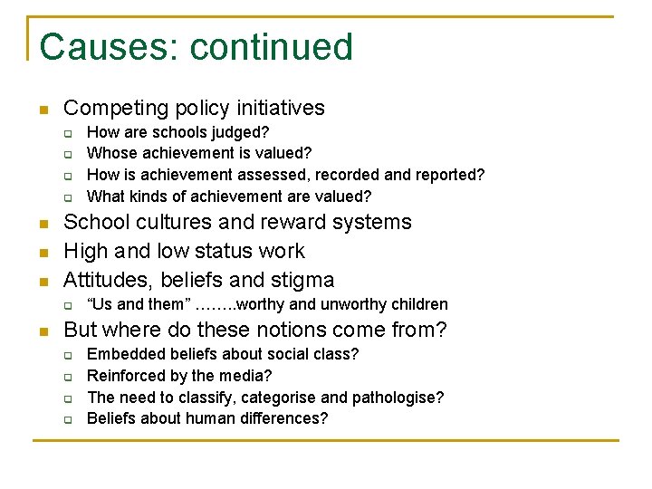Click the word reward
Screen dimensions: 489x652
(290, 222)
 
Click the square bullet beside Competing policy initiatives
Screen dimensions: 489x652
(42, 110)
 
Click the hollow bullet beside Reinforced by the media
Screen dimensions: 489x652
(67, 377)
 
